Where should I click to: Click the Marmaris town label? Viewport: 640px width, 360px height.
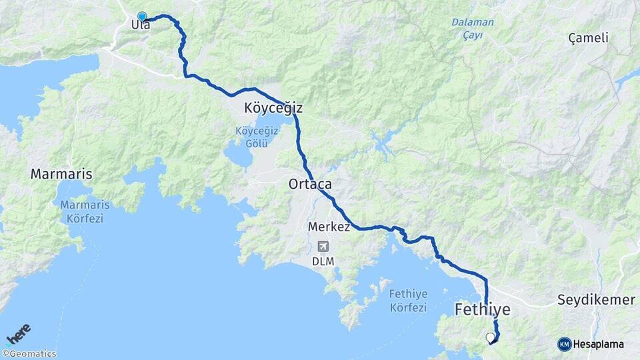pyautogui.click(x=61, y=175)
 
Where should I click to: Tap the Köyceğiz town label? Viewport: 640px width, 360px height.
pyautogui.click(x=273, y=107)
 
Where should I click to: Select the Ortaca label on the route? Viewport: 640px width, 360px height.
pyautogui.click(x=310, y=183)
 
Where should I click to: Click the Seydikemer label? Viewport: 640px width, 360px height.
pyautogui.click(x=596, y=300)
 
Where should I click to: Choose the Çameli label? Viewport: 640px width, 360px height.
pyautogui.click(x=588, y=38)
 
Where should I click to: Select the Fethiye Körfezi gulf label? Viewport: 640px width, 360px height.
pyautogui.click(x=407, y=300)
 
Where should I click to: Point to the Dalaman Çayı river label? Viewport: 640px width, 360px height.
pyautogui.click(x=473, y=28)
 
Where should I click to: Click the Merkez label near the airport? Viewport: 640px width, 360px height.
pyautogui.click(x=329, y=227)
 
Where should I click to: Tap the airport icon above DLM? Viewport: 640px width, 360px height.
pyautogui.click(x=323, y=246)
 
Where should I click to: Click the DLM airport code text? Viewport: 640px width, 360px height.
pyautogui.click(x=323, y=261)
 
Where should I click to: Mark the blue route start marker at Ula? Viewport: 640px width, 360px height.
pyautogui.click(x=142, y=16)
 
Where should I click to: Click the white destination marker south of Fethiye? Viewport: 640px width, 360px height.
pyautogui.click(x=491, y=337)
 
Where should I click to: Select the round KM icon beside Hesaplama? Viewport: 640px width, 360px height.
pyautogui.click(x=565, y=344)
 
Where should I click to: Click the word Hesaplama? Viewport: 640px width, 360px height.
pyautogui.click(x=599, y=344)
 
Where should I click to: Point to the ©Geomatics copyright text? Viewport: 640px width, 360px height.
pyautogui.click(x=29, y=354)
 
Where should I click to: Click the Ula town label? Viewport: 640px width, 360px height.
pyautogui.click(x=141, y=25)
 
